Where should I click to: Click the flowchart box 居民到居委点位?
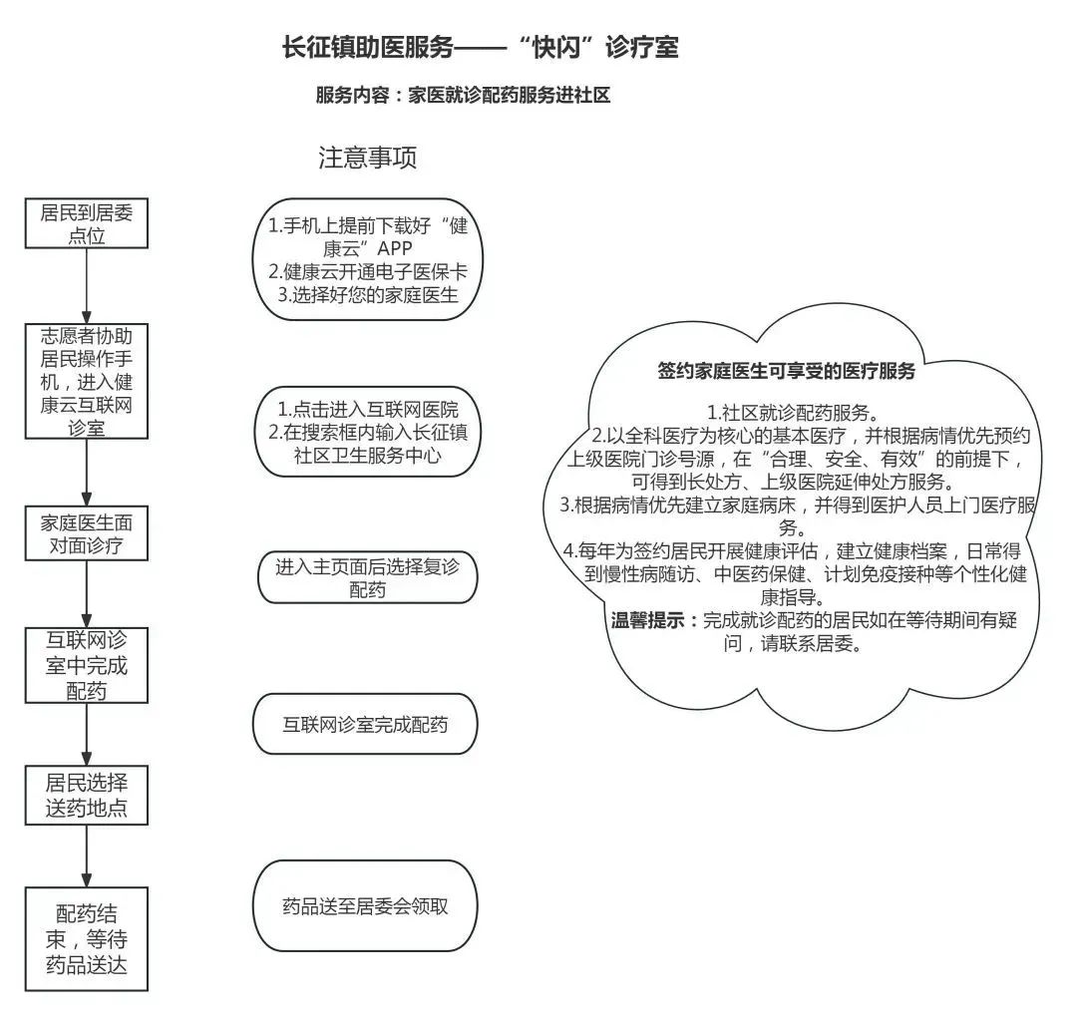click(x=87, y=223)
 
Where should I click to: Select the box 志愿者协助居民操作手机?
click(x=87, y=380)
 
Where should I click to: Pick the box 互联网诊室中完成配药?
click(x=87, y=665)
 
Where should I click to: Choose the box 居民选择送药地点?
click(x=87, y=794)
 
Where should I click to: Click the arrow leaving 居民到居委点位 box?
click(x=87, y=284)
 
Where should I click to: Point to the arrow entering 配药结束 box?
click(x=87, y=855)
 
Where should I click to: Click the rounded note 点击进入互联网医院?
click(x=368, y=433)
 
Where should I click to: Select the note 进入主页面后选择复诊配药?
click(x=368, y=577)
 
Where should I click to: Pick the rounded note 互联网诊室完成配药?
click(x=365, y=724)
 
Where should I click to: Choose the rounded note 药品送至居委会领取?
click(x=365, y=906)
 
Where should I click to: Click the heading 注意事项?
click(x=367, y=158)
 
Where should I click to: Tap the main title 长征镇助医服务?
click(x=480, y=47)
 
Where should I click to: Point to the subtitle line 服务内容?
click(x=462, y=96)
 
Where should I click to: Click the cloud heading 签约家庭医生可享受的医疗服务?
click(x=786, y=372)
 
